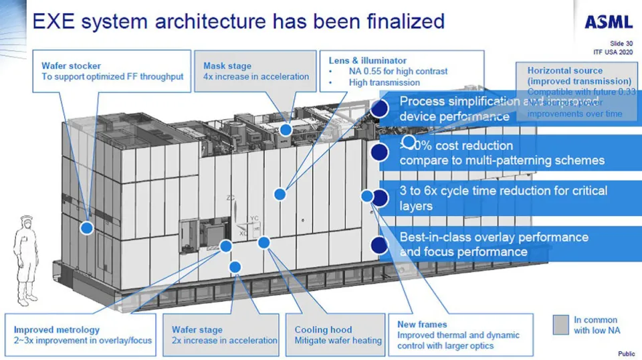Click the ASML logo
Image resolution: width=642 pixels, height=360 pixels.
click(x=608, y=21)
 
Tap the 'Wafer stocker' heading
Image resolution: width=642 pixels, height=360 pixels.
click(x=72, y=66)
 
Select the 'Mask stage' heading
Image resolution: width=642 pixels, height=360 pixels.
click(x=227, y=66)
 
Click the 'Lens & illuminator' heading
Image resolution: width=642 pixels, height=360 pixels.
click(x=368, y=60)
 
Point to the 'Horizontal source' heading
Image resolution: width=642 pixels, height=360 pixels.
click(x=565, y=70)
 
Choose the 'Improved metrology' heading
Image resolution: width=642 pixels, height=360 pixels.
click(x=57, y=329)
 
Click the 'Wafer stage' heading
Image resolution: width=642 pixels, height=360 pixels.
click(x=198, y=329)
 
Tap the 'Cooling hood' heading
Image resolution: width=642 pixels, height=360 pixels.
click(x=324, y=329)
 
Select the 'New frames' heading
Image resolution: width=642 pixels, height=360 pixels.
click(x=422, y=324)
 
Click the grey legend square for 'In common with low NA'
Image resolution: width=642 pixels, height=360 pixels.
click(x=560, y=325)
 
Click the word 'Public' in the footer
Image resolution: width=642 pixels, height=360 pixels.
click(x=626, y=353)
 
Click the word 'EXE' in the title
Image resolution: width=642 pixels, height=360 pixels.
click(x=54, y=21)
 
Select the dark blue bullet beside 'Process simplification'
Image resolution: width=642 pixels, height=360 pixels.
click(x=380, y=108)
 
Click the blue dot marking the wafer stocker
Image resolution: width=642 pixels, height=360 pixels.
click(x=86, y=228)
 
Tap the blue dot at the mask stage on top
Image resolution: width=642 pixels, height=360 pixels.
click(x=286, y=130)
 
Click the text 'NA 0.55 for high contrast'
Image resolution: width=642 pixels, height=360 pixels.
click(x=398, y=71)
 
